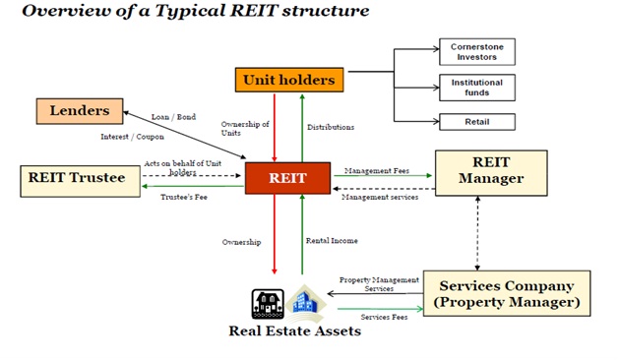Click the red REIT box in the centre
(287, 178)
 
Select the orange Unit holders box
(289, 80)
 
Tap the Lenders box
(80, 111)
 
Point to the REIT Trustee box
(81, 181)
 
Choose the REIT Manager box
(491, 173)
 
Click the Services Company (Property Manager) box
(507, 293)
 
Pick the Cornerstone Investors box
(477, 52)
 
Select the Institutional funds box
(477, 88)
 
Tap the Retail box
(477, 122)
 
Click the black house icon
(268, 304)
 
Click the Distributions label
(331, 127)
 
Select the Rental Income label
(332, 241)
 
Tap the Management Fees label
(377, 171)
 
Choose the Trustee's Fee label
(184, 197)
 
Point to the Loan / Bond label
(173, 117)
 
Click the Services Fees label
(384, 317)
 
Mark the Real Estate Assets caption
(295, 330)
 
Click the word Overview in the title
(67, 11)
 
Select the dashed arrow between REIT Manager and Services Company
(477, 233)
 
